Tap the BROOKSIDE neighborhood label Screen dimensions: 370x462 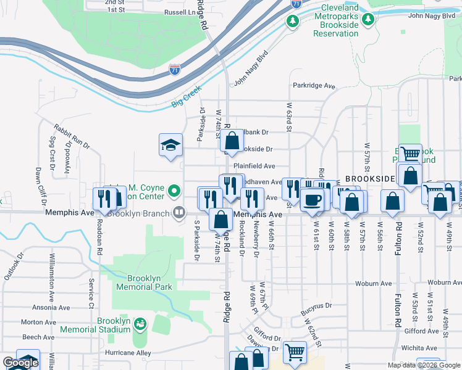tap(370, 178)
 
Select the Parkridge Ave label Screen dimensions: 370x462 tap(313, 86)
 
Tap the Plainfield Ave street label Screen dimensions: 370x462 tap(254, 166)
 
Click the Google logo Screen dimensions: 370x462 tap(20, 363)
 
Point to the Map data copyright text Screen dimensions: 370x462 tap(423, 365)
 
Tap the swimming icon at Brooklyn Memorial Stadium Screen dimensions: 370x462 tap(140, 323)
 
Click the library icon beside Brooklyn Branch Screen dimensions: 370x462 tap(179, 213)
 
